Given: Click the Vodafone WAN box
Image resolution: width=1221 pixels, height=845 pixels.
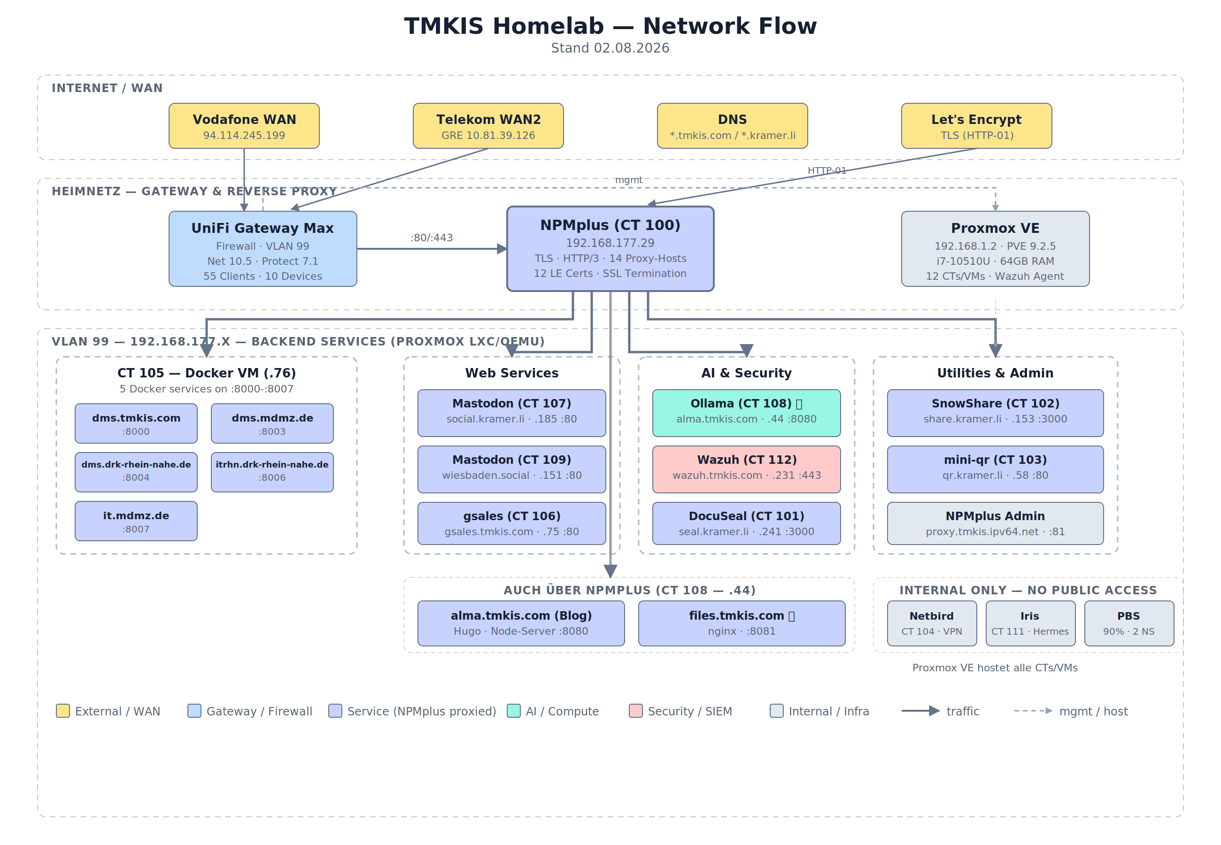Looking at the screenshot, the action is point(244,126).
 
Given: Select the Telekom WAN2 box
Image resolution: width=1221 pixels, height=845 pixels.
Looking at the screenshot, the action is point(488,126).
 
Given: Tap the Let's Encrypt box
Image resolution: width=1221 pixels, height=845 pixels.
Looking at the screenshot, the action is point(976,126).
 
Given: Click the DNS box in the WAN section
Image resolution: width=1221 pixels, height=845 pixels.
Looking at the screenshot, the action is point(732,126).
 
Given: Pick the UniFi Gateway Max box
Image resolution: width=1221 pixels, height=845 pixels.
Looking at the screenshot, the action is point(263,249).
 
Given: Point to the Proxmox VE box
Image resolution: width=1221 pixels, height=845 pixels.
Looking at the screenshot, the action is point(996,249).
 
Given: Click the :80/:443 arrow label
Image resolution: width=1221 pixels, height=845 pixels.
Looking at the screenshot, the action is point(432,238).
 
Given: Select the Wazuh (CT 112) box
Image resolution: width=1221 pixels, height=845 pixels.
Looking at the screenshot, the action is point(747,469).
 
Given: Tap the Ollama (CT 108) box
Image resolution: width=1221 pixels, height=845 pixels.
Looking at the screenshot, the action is point(747,413).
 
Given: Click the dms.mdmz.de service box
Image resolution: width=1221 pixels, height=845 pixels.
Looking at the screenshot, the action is point(272,423).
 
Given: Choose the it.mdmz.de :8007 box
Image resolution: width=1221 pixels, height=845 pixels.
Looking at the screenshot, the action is point(136,521).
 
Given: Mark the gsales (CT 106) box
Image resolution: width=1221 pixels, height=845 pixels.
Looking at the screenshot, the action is point(511,523).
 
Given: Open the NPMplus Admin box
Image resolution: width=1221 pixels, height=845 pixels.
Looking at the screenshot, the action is point(996,523).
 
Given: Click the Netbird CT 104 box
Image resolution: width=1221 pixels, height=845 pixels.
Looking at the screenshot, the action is point(932,623).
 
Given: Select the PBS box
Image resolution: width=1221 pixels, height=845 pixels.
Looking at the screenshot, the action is point(1129,623).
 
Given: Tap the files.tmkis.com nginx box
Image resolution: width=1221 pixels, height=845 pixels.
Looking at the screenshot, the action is point(742,623).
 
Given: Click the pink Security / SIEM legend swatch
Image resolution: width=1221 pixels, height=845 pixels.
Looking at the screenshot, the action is point(635,711).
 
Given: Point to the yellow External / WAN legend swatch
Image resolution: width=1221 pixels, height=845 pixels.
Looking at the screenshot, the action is point(63,711).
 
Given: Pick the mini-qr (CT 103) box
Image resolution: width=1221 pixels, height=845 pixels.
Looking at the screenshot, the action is point(996,469).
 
